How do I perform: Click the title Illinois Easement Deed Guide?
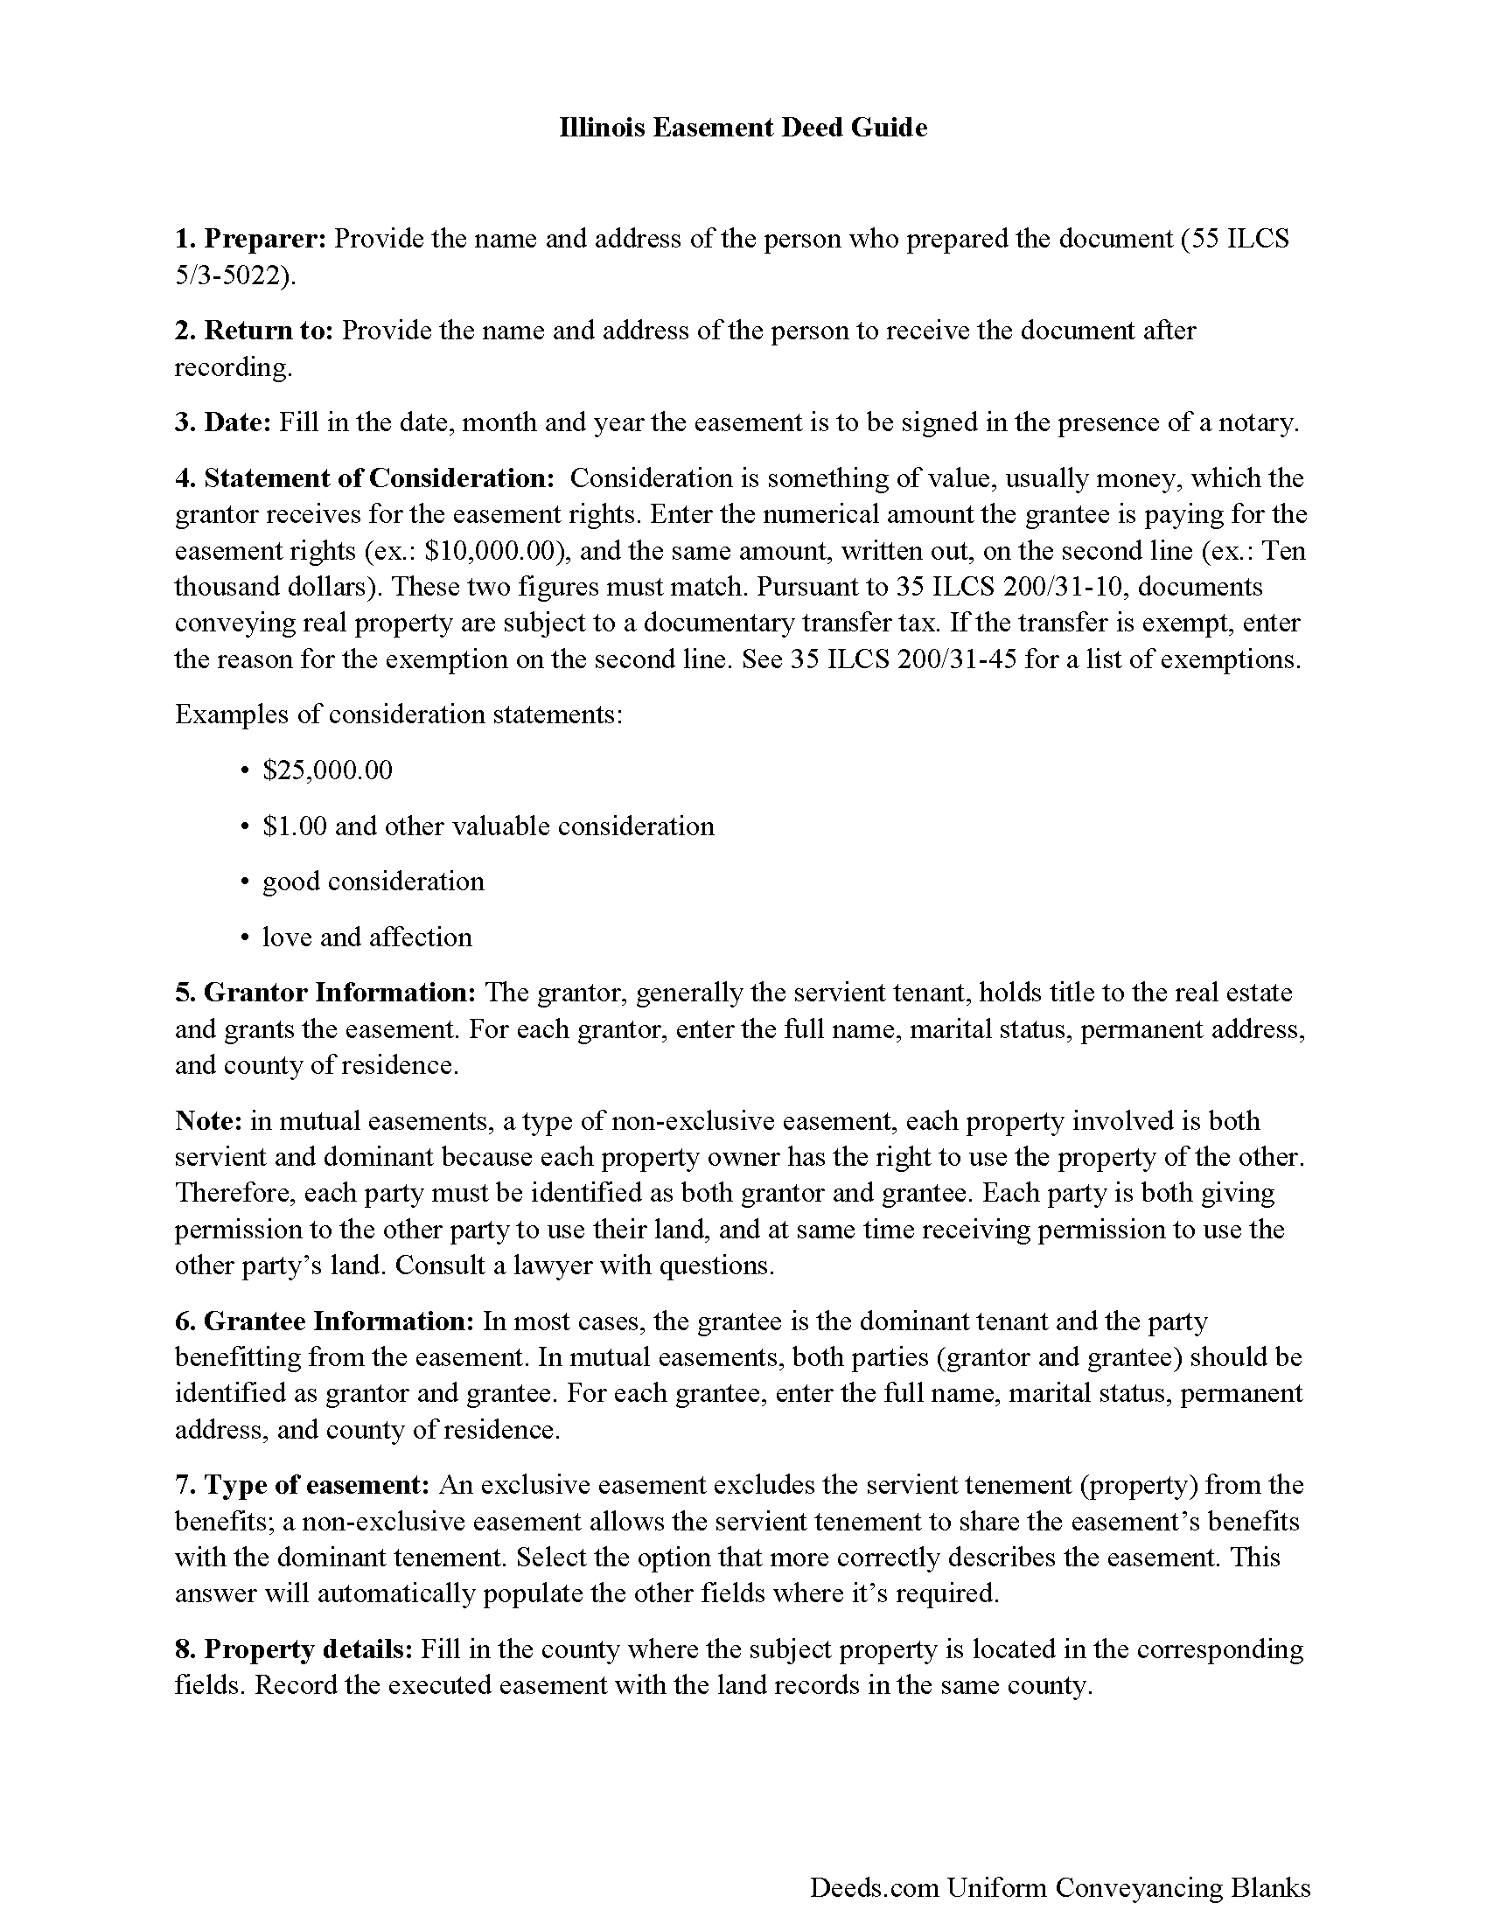743,129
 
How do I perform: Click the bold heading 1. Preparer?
251,239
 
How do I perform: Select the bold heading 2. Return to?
254,331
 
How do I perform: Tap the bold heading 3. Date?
223,423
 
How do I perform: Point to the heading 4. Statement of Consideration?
365,478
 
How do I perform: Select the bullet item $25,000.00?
328,770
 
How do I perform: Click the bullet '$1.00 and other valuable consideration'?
488,826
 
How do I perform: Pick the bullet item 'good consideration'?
373,882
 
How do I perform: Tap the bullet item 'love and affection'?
367,938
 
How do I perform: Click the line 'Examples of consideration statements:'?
399,715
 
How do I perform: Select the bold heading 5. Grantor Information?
325,993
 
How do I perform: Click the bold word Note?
209,1121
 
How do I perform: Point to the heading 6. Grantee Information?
325,1321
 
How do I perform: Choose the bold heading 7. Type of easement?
302,1485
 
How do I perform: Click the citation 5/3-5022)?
235,275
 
